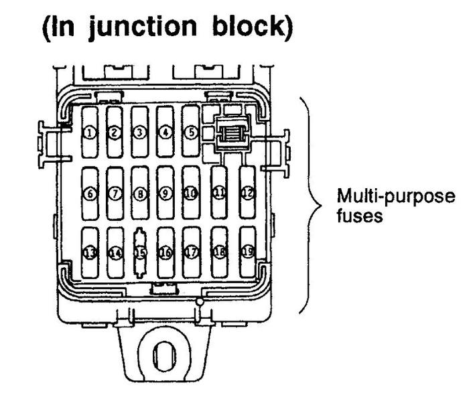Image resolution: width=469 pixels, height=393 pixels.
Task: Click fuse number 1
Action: [x=90, y=132]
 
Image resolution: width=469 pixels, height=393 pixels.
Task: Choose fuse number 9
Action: [x=165, y=193]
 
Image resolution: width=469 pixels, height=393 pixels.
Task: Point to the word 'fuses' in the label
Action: [x=352, y=218]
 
